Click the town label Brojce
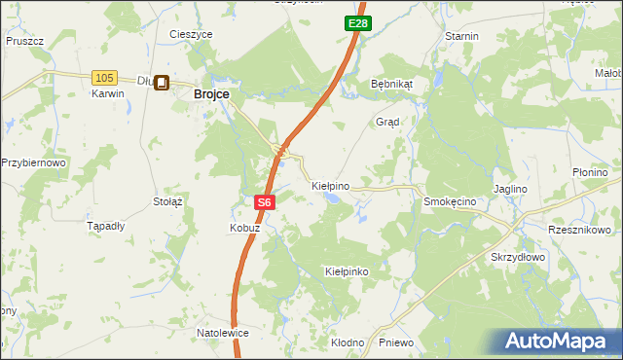point(211,94)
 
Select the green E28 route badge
point(356,22)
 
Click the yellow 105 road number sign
point(105,77)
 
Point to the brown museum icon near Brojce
point(162,85)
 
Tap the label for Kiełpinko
point(347,271)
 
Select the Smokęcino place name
point(449,200)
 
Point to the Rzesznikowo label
point(579,231)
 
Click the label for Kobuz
point(244,228)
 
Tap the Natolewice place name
point(223,333)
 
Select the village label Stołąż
point(168,201)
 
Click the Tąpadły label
point(106,226)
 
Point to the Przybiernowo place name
point(33,163)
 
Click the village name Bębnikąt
point(392,84)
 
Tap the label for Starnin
point(461,36)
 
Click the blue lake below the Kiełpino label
point(333,199)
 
